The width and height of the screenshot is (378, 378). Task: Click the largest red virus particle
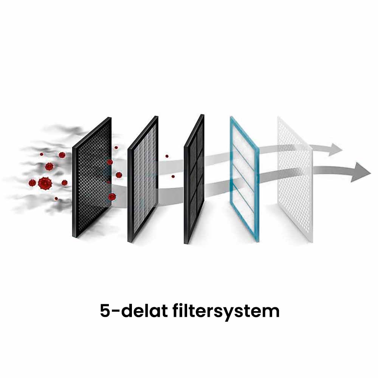coord(45,183)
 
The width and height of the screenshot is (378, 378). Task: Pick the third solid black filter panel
coord(194,178)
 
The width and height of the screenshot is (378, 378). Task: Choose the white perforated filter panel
coord(295,178)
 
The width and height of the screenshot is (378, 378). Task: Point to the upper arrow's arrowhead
coord(335,149)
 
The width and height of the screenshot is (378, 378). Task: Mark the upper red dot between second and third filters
coord(167,156)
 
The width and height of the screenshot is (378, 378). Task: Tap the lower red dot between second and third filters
coord(173,176)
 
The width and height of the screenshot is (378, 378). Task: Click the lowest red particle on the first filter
coord(112,197)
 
